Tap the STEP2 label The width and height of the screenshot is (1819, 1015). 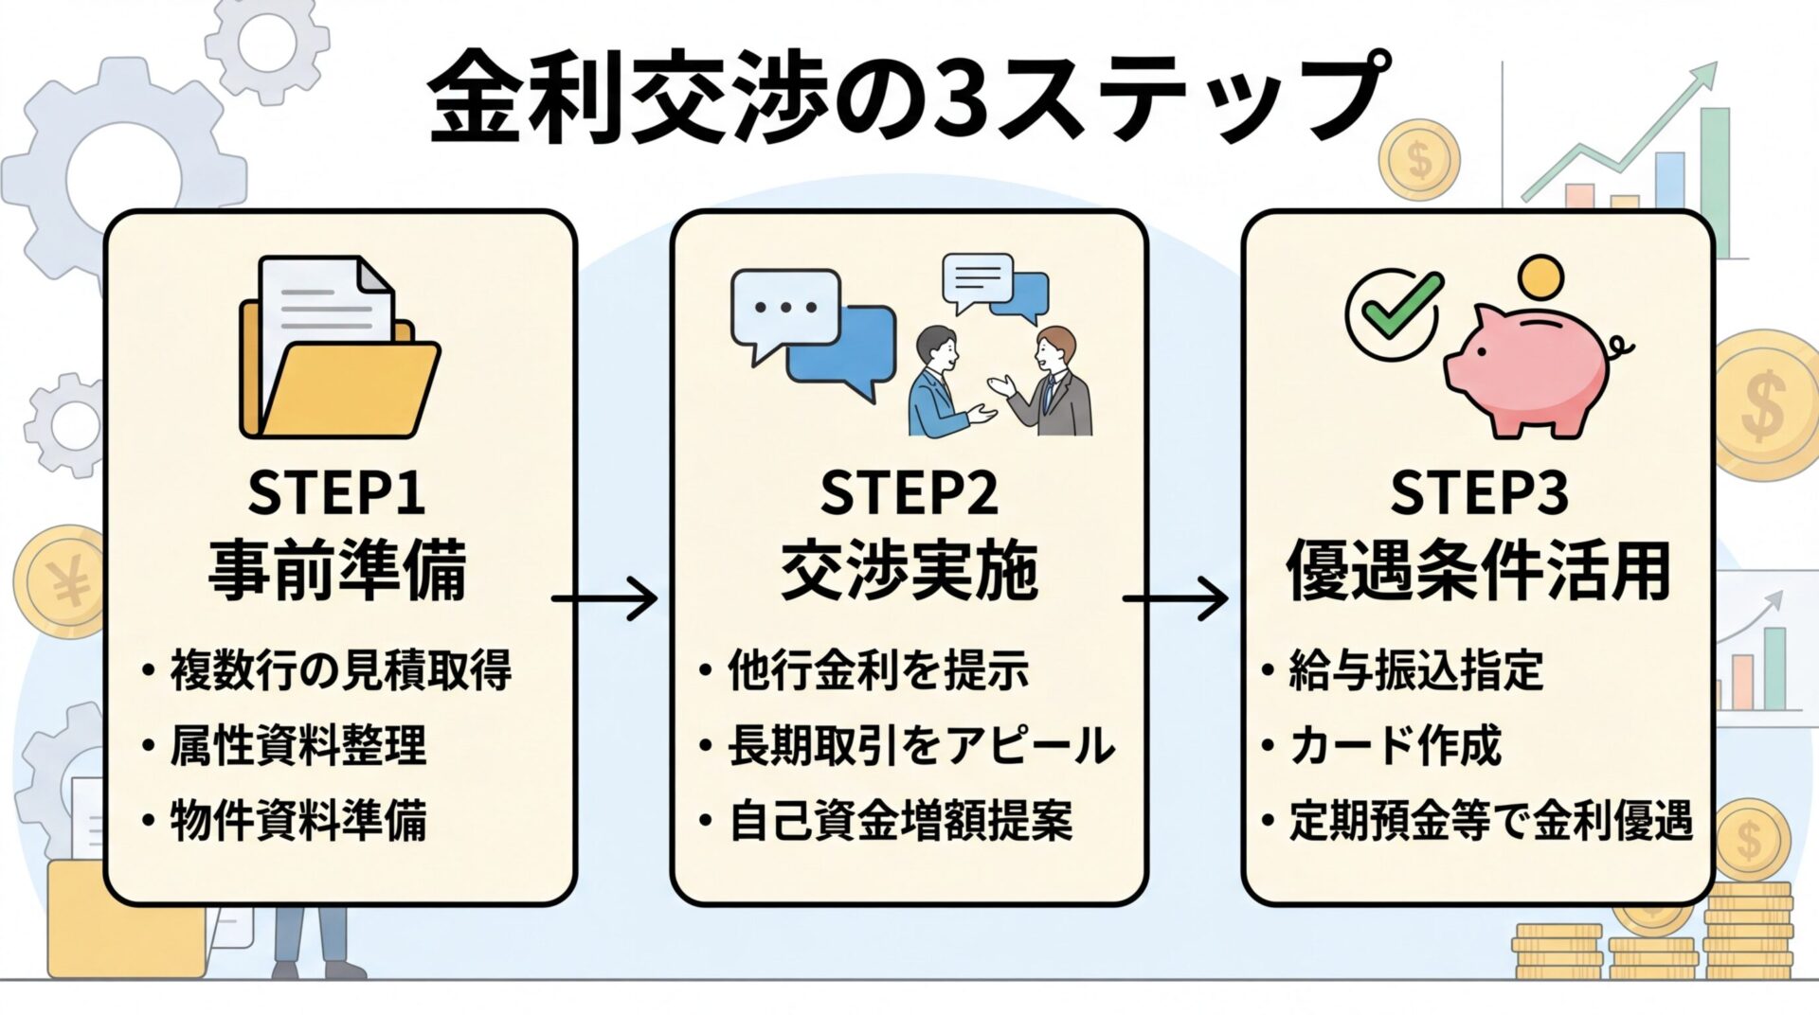pyautogui.click(x=909, y=492)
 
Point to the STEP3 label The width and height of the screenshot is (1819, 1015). pyautogui.click(x=1478, y=492)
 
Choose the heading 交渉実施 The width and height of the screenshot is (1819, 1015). pyautogui.click(x=909, y=570)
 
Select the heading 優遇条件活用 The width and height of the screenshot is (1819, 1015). pyautogui.click(x=1478, y=570)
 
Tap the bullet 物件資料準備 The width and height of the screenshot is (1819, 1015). pyautogui.click(x=297, y=820)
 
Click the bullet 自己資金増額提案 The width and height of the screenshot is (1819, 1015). pyautogui.click(x=899, y=820)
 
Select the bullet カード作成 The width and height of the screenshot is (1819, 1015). pyautogui.click(x=1395, y=745)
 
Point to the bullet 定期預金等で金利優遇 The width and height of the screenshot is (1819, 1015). pyautogui.click(x=1489, y=820)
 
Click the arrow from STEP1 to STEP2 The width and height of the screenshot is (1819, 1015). pyautogui.click(x=604, y=598)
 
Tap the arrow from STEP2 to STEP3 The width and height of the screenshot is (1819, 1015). pyautogui.click(x=1175, y=598)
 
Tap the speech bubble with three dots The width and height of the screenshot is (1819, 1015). pyautogui.click(x=784, y=309)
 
